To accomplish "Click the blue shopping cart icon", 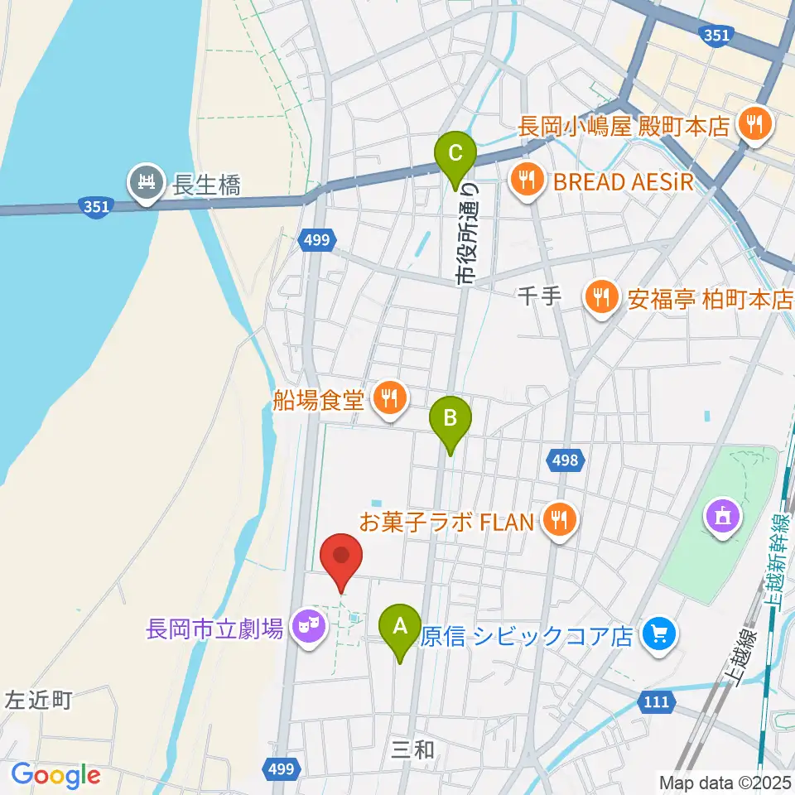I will [659, 636].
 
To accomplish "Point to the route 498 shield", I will [567, 459].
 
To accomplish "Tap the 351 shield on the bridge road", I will [96, 208].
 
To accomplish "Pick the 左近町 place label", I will [39, 701].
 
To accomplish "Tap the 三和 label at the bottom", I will [412, 750].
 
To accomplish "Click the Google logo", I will [56, 774].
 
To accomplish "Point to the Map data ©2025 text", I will [725, 781].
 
